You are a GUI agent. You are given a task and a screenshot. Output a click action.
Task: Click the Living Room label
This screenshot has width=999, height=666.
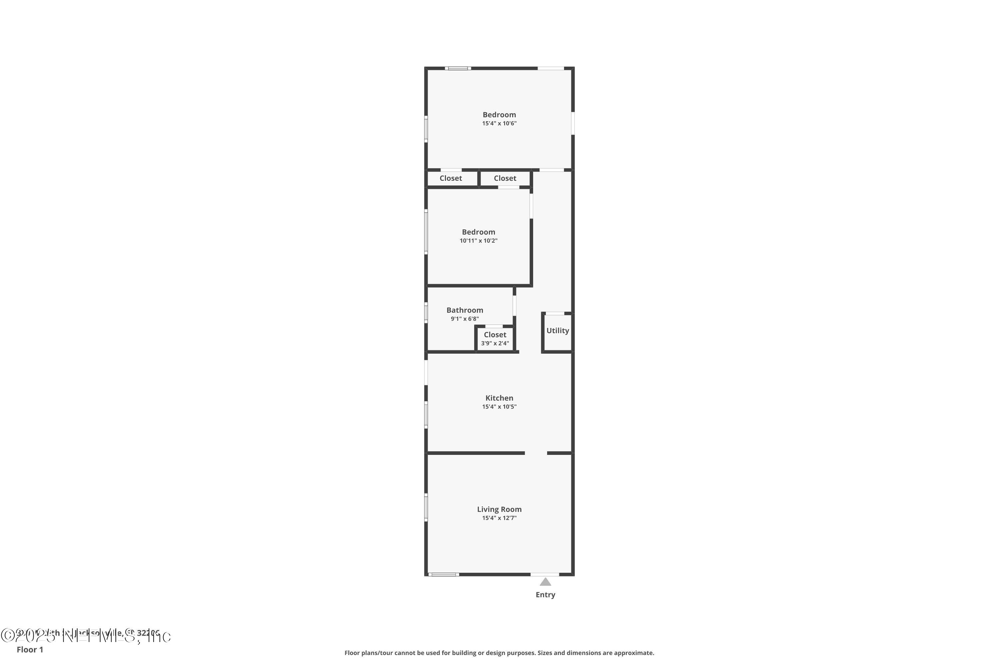pyautogui.click(x=499, y=509)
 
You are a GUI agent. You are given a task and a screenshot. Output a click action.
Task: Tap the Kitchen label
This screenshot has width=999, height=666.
pyautogui.click(x=499, y=398)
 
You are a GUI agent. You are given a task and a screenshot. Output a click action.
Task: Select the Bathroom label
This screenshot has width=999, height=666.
pyautogui.click(x=465, y=310)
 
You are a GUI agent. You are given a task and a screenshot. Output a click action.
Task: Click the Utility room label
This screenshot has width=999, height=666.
pyautogui.click(x=557, y=330)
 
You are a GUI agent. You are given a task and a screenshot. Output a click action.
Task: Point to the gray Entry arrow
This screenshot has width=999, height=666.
pyautogui.click(x=545, y=582)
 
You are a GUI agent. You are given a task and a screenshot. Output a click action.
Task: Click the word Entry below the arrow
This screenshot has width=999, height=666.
pyautogui.click(x=545, y=595)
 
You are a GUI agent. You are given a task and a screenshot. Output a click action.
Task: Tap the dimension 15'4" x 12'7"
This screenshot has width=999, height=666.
pyautogui.click(x=499, y=518)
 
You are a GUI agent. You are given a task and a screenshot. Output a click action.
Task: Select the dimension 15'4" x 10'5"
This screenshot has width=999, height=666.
pyautogui.click(x=499, y=407)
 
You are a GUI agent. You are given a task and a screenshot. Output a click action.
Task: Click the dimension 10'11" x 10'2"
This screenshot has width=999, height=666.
pyautogui.click(x=478, y=240)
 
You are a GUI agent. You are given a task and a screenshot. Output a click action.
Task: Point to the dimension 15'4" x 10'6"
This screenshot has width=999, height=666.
pyautogui.click(x=499, y=123)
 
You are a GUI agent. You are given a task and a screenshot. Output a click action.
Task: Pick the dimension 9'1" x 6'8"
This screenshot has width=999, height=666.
pyautogui.click(x=465, y=319)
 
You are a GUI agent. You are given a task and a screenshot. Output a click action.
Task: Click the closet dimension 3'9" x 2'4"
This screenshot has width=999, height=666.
pyautogui.click(x=495, y=343)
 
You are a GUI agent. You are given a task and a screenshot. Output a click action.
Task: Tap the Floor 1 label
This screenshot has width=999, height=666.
pyautogui.click(x=30, y=649)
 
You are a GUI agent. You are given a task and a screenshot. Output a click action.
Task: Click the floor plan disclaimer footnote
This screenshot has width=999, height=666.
pyautogui.click(x=499, y=653)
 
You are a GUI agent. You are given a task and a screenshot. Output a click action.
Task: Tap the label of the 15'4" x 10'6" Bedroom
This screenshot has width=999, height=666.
pyautogui.click(x=499, y=115)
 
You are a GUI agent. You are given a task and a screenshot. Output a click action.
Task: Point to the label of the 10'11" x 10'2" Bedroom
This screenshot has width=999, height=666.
pyautogui.click(x=478, y=232)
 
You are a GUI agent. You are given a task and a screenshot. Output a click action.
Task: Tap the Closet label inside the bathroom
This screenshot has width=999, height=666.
pyautogui.click(x=495, y=335)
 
